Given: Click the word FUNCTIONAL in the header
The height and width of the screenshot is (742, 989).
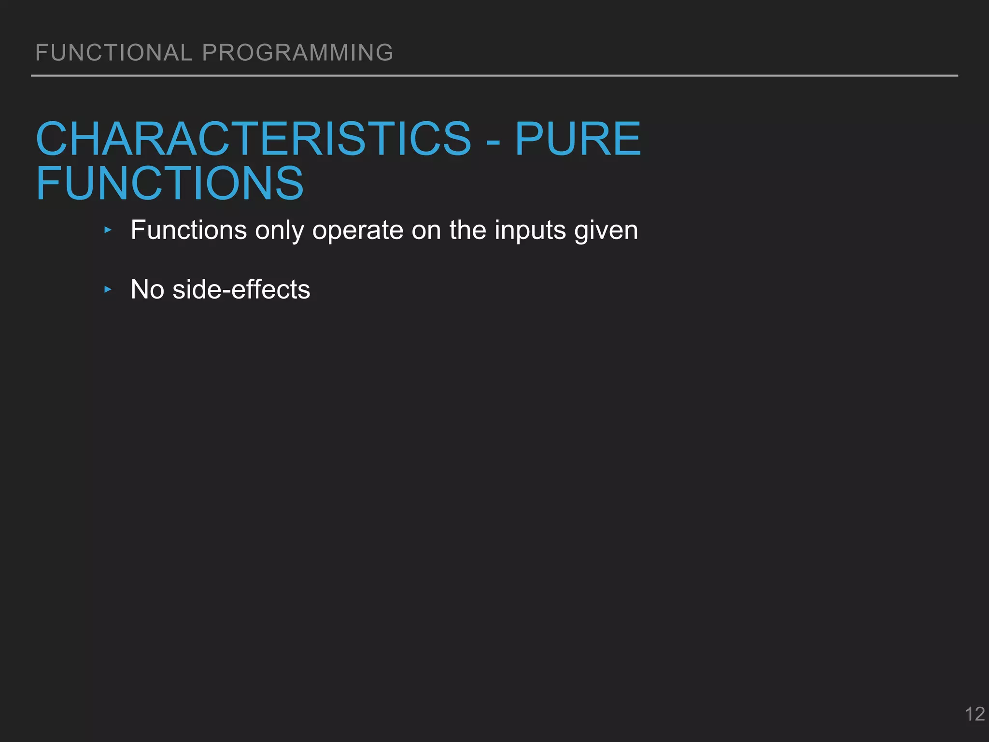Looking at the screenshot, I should (114, 53).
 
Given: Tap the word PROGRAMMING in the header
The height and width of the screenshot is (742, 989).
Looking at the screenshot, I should (297, 53).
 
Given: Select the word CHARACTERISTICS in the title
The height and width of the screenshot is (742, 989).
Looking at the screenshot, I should (254, 139).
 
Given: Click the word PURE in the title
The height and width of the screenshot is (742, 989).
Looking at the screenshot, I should (578, 139).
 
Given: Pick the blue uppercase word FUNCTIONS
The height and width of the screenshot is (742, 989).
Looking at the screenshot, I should (170, 184).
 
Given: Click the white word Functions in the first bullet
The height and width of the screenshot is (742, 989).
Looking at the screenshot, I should (189, 230).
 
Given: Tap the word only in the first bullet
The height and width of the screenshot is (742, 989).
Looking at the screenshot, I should (284, 231).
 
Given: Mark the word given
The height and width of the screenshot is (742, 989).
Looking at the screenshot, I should (606, 231).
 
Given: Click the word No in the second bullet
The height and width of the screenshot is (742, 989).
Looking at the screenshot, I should (147, 290).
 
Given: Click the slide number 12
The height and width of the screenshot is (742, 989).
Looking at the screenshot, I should (975, 714).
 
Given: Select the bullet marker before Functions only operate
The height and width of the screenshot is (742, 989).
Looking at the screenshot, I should (108, 230).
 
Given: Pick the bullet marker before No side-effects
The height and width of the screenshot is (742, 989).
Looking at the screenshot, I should (108, 290).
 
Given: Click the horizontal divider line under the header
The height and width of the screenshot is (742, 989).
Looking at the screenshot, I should (494, 76).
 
